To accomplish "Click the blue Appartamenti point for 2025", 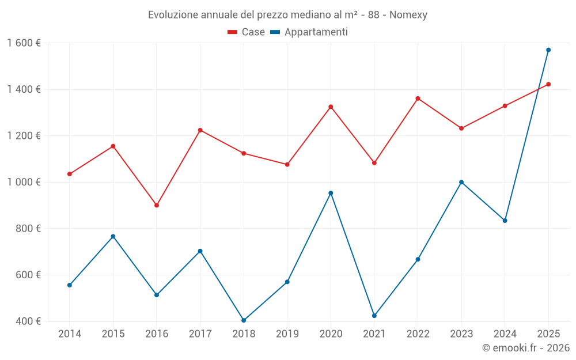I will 548,50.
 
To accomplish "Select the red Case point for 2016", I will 157,205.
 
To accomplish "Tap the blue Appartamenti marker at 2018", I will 244,320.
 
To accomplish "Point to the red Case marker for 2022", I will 418,98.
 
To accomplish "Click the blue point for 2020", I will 331,193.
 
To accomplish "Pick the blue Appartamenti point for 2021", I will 374,316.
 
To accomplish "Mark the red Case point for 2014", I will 70,174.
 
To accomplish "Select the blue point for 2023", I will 461,182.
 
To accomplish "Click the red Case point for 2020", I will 331,107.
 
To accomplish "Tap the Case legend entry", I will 247,32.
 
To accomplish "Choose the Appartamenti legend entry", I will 309,32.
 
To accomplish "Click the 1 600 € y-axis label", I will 24,43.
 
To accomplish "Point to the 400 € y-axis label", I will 28,321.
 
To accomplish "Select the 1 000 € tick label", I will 24,182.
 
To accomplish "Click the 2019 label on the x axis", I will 287,334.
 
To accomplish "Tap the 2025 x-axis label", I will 548,334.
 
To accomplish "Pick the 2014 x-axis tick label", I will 70,334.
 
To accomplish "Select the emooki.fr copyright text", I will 526,348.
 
